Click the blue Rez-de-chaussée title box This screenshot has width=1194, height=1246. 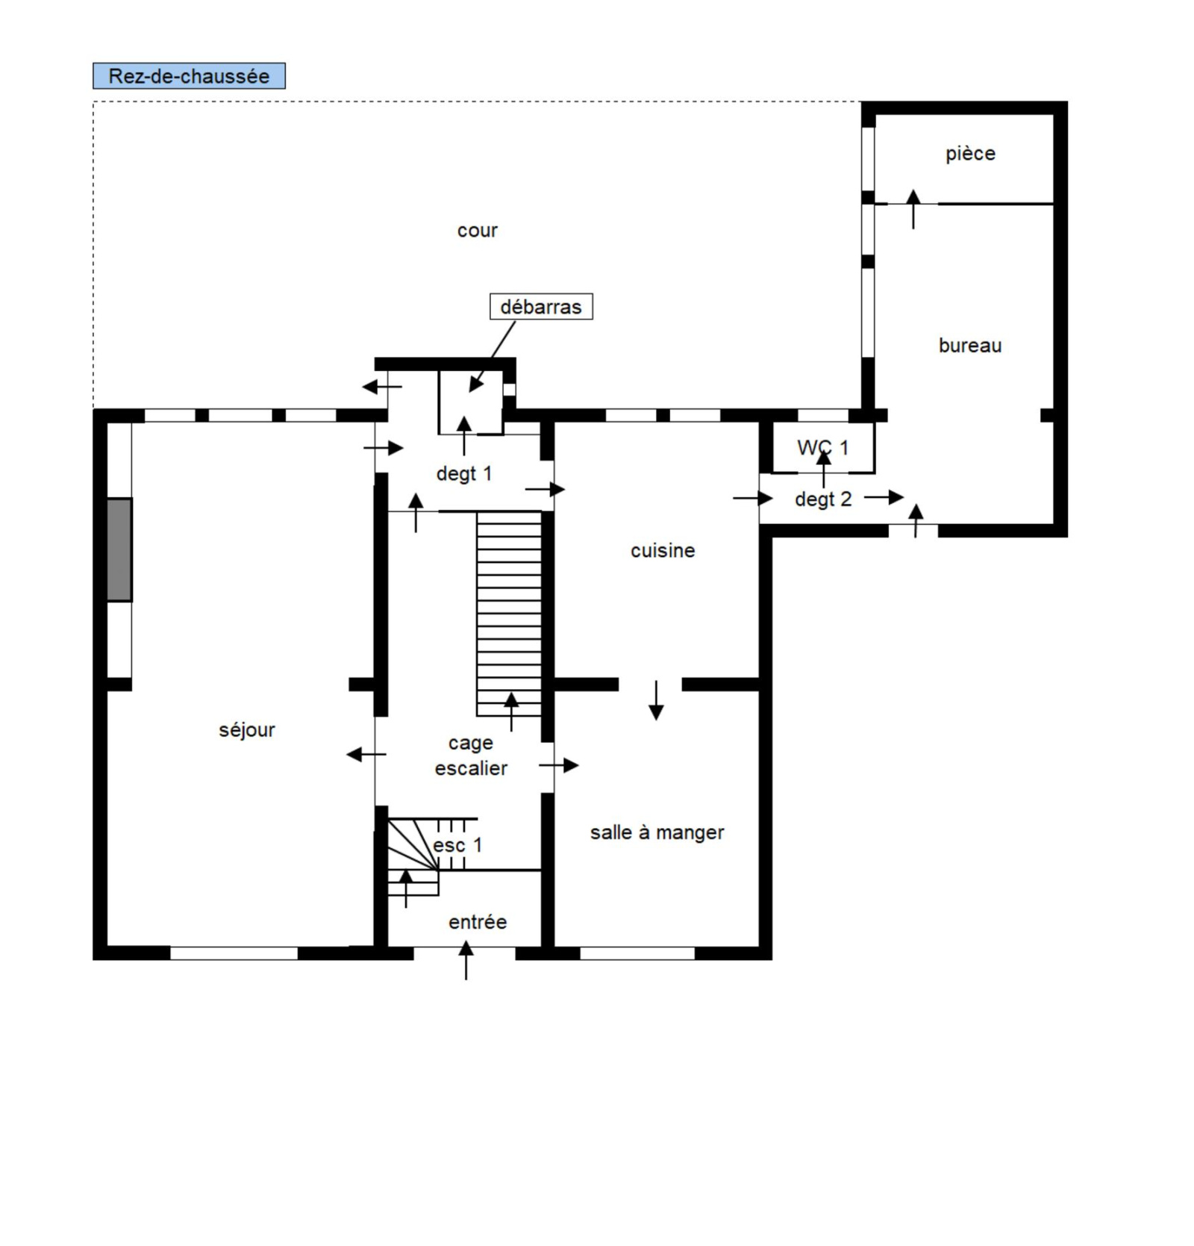click(189, 76)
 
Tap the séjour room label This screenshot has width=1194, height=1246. click(247, 730)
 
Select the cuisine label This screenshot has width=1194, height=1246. click(663, 551)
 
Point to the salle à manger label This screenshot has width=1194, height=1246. click(657, 832)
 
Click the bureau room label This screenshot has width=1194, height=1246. click(970, 346)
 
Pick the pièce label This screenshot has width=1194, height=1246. click(970, 154)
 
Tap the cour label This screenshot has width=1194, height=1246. click(478, 231)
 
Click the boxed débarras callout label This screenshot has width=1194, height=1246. click(541, 307)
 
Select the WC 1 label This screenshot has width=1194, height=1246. click(822, 448)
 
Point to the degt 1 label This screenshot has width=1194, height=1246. click(464, 473)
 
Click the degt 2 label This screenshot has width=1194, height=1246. click(823, 499)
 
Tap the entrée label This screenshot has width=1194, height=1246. click(478, 923)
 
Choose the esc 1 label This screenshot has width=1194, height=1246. click(457, 846)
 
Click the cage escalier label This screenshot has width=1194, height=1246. click(471, 756)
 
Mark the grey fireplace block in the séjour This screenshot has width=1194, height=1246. click(119, 549)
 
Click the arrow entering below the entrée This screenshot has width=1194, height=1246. click(466, 960)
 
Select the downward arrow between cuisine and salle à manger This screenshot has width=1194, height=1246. click(656, 700)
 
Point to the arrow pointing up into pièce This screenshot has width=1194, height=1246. click(913, 209)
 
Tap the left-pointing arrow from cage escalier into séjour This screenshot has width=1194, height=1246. click(366, 755)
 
